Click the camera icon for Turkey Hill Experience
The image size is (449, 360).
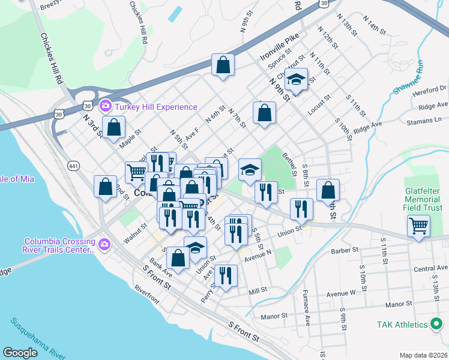tap(106, 106)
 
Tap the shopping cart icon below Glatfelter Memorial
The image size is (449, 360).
tap(418, 226)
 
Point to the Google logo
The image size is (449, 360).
tap(20, 353)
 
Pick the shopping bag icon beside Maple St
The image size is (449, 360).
tap(113, 127)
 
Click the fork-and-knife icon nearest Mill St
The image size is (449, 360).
tap(226, 275)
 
